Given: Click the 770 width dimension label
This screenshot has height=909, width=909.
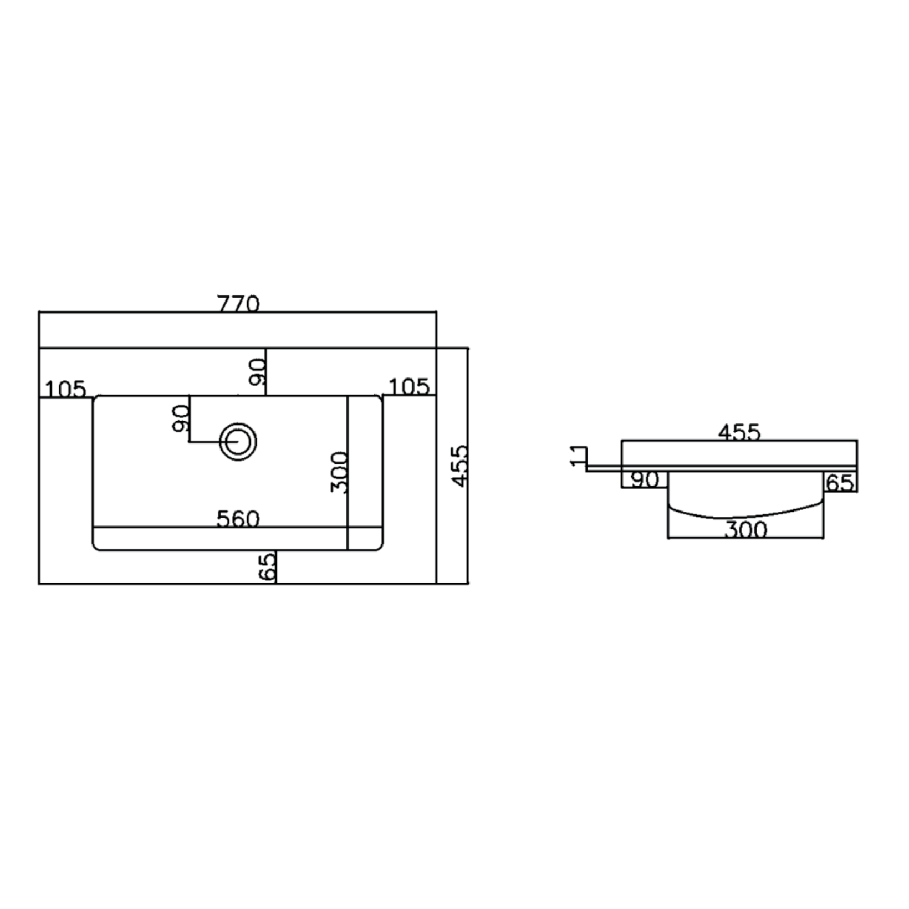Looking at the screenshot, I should [x=238, y=304].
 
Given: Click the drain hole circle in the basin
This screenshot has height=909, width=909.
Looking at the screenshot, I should [x=238, y=442].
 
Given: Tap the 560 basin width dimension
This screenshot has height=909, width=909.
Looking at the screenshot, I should [x=238, y=519].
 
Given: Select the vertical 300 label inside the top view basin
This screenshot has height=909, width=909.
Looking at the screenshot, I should [x=339, y=472].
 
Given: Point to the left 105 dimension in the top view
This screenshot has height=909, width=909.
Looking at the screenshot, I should [x=65, y=389].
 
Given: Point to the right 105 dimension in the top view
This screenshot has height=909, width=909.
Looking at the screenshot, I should [x=409, y=386].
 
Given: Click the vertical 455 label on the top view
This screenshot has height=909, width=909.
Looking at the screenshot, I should [x=460, y=466].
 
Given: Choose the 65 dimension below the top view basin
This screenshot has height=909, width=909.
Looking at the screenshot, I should [x=267, y=567].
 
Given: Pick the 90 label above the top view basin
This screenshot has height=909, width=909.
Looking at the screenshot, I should [x=258, y=372].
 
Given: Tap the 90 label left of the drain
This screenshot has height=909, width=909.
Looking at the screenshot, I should [x=181, y=418].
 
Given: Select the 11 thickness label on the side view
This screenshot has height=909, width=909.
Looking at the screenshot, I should [x=578, y=456].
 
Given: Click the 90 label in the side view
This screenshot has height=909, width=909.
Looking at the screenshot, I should [x=645, y=480].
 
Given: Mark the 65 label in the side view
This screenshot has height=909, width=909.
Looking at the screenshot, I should [x=840, y=483].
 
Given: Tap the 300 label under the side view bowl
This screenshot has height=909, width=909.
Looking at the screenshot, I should [x=745, y=530].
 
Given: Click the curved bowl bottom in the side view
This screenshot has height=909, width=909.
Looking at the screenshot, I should [x=745, y=516].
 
